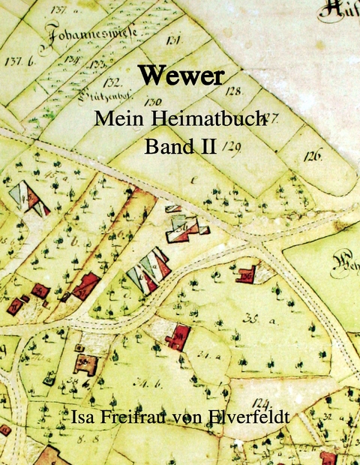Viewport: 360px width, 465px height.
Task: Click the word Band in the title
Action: (x=168, y=145)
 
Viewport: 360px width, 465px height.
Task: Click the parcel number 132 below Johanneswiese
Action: (x=113, y=81)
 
